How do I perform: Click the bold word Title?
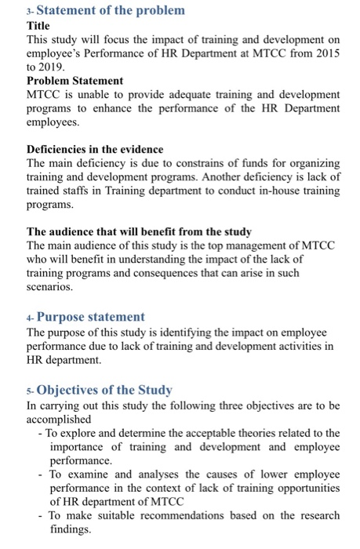(x=39, y=24)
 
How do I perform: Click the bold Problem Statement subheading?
(x=75, y=81)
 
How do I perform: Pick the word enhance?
(x=123, y=109)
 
